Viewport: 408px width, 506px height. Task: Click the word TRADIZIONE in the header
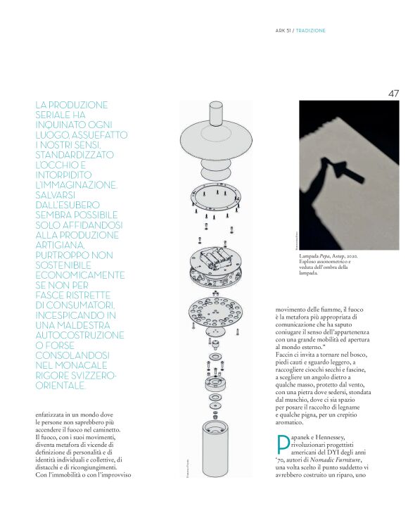pyautogui.click(x=310, y=30)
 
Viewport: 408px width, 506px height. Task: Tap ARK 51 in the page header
pyautogui.click(x=283, y=30)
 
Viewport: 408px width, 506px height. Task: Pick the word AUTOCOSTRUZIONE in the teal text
pyautogui.click(x=79, y=335)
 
